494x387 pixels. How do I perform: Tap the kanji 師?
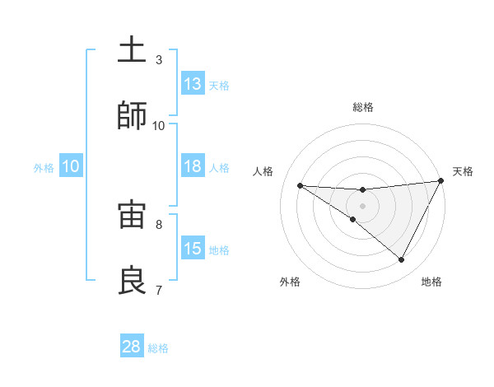(132, 117)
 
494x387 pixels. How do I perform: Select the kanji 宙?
(132, 216)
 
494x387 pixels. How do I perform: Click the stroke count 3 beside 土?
(159, 60)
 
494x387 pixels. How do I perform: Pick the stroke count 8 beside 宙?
(159, 224)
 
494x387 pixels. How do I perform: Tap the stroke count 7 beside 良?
(159, 290)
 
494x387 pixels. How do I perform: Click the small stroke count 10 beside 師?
(159, 125)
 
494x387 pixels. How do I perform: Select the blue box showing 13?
(193, 84)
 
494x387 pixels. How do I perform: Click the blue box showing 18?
(193, 166)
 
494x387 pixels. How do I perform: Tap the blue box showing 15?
(193, 249)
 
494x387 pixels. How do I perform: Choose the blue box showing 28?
(132, 347)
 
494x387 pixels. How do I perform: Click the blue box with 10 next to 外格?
(71, 166)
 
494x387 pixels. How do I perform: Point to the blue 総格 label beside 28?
(158, 348)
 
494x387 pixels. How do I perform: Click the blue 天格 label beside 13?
(219, 86)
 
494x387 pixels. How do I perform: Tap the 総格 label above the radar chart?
(362, 107)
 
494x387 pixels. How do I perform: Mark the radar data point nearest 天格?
(440, 181)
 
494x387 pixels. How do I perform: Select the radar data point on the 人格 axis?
(300, 185)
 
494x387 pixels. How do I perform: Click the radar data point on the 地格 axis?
(402, 260)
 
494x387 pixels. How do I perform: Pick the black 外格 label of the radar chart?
(290, 282)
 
